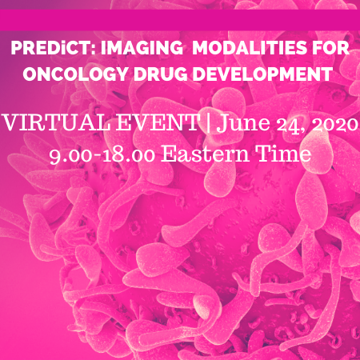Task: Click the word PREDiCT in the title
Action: coord(50,48)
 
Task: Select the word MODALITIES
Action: coord(250,48)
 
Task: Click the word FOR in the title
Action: coord(330,48)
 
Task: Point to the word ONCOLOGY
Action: coord(75,74)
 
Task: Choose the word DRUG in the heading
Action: coord(161,74)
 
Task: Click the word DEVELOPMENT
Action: coord(262,74)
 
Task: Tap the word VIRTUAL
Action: coord(57,122)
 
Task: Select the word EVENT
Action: coord(158,122)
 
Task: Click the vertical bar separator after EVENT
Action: coord(208,123)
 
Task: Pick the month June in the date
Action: coord(243,123)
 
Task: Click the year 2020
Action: coord(335,124)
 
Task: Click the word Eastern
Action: coord(205,154)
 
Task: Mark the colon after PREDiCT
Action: coord(93,50)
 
